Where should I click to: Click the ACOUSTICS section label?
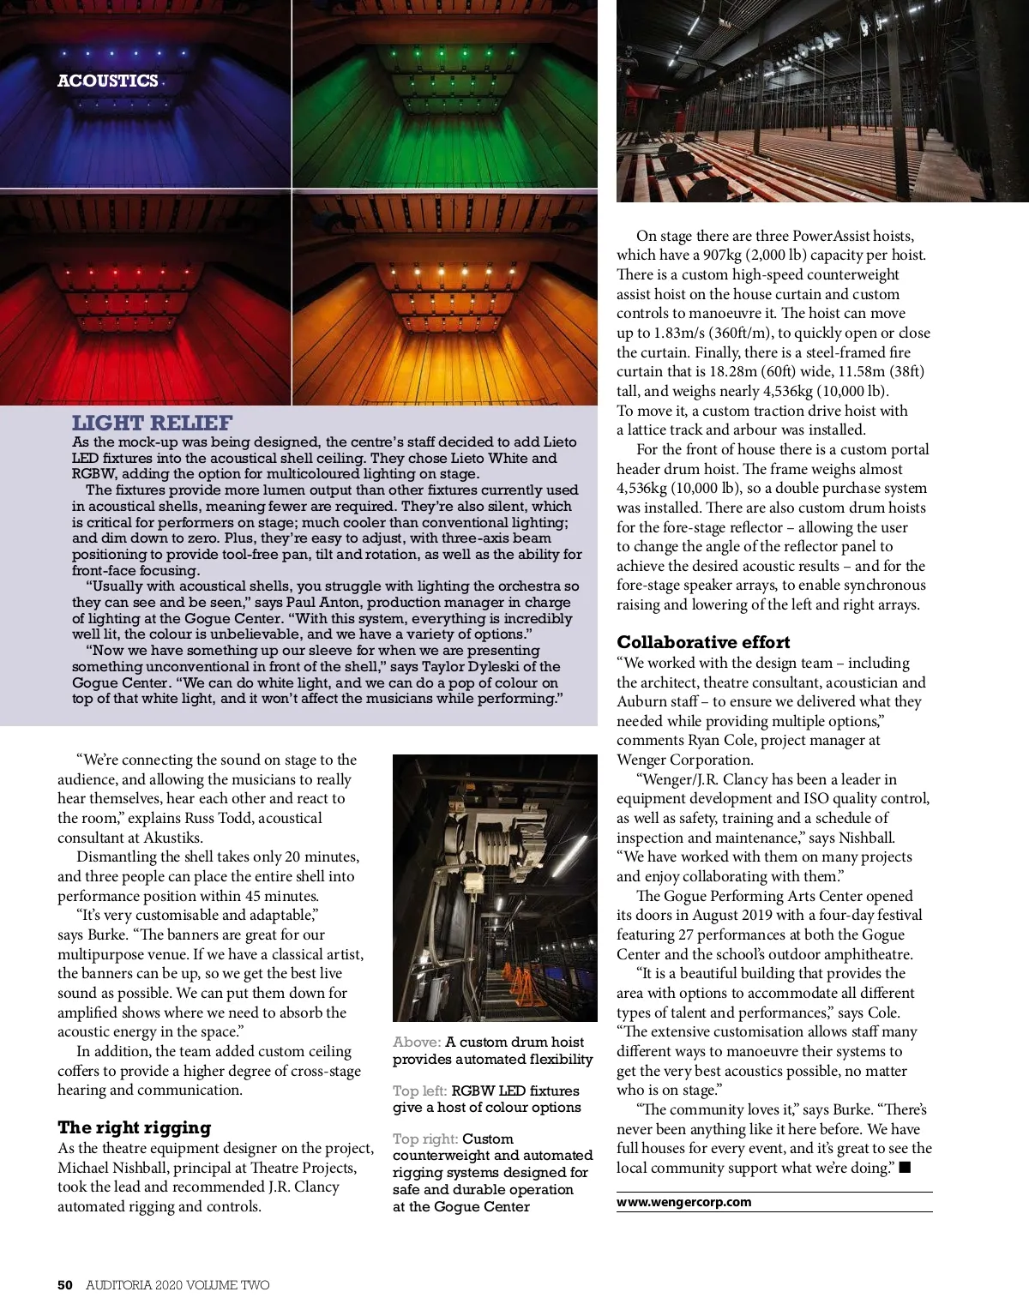click(108, 81)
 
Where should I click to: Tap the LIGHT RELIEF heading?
click(152, 423)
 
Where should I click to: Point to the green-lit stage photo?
click(444, 93)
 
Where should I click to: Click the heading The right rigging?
click(134, 1127)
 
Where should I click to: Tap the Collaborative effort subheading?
click(703, 642)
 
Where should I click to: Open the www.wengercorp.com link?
click(683, 1202)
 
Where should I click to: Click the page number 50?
click(64, 1285)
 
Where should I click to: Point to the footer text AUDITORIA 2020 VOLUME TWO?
click(178, 1285)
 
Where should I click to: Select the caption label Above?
click(416, 1043)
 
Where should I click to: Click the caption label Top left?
click(419, 1091)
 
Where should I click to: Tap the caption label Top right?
click(424, 1139)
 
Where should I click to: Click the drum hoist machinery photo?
click(494, 887)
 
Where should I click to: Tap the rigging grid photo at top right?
click(821, 100)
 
